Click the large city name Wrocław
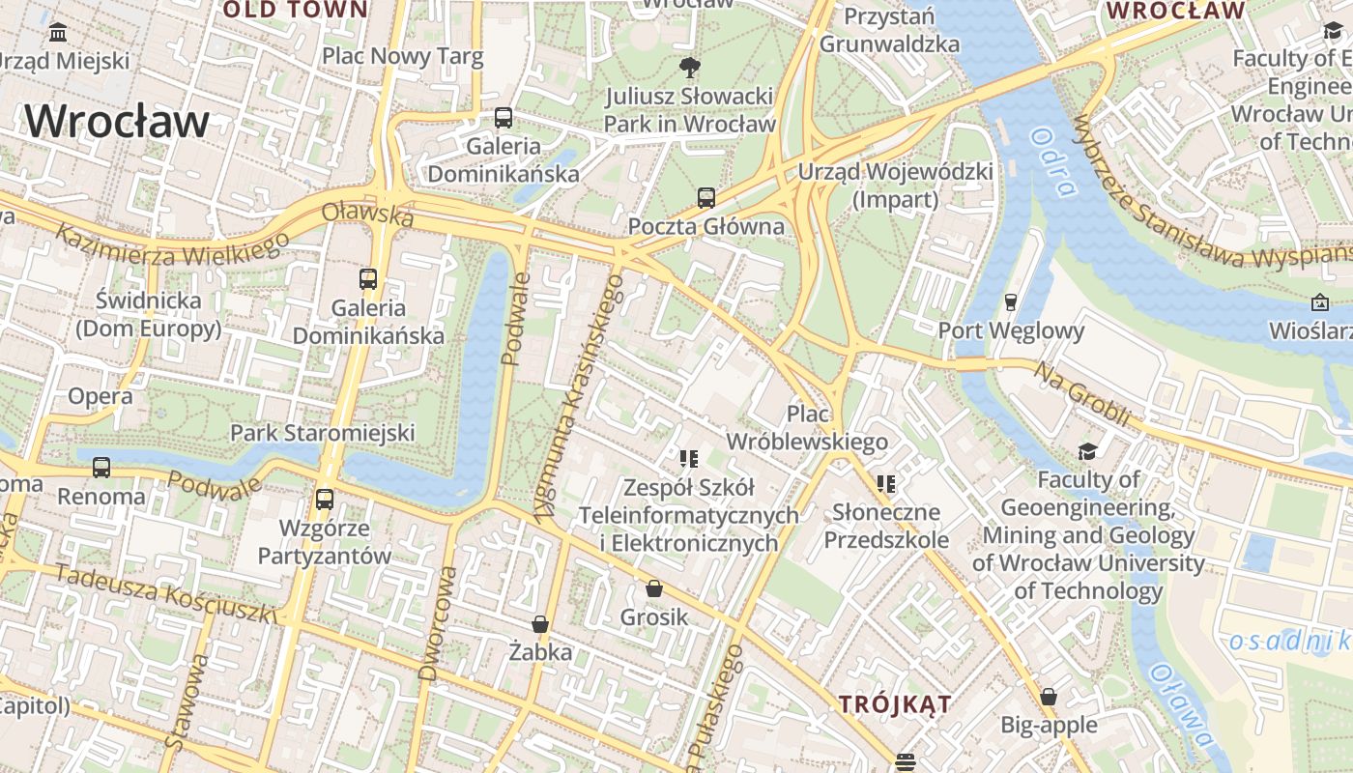coord(117,122)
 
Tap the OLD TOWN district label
coord(295,11)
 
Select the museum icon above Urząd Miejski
coord(58,33)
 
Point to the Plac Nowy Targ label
coord(402,56)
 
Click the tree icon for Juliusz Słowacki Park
coord(689,67)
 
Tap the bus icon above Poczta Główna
coord(706,198)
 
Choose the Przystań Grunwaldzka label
coord(889,30)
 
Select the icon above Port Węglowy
coord(1011,302)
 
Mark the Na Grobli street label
coord(1081,394)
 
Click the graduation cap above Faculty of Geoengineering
coord(1088,451)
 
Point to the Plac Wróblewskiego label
coord(807,428)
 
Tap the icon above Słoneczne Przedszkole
coord(885,483)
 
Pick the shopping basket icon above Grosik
coord(654,588)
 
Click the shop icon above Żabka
coord(540,624)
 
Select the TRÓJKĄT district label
coord(895,703)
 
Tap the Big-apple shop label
coord(1049,725)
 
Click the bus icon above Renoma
coord(101,468)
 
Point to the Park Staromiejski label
coord(322,432)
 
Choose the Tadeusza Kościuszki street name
coord(165,592)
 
